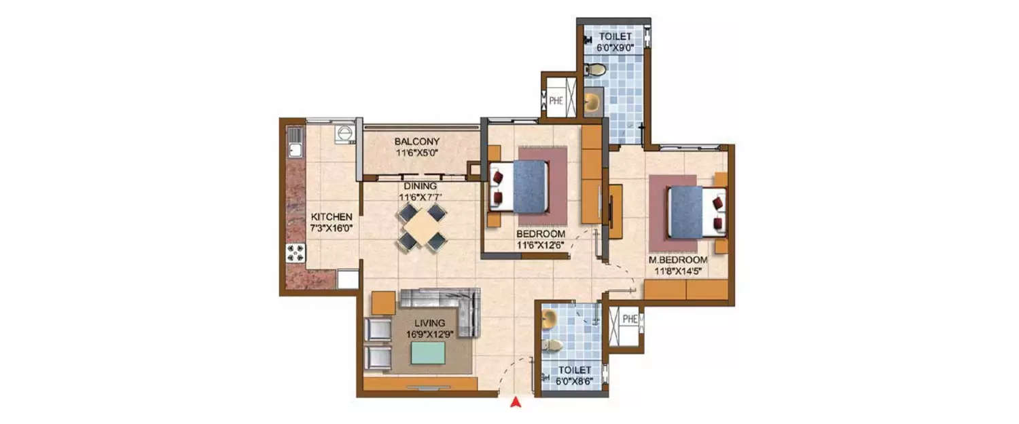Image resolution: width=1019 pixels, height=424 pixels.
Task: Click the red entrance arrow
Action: click(516, 402)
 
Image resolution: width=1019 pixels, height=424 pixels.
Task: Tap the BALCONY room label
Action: click(416, 141)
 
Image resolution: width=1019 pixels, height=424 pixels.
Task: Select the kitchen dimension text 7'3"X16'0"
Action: click(332, 228)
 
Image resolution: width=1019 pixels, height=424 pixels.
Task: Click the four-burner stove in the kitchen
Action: click(296, 253)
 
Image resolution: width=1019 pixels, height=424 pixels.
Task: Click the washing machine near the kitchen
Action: click(345, 134)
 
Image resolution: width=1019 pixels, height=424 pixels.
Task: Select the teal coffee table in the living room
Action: click(428, 353)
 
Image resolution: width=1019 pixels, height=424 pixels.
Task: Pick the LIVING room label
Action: click(429, 323)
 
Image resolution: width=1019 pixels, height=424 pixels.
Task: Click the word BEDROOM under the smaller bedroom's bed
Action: click(541, 234)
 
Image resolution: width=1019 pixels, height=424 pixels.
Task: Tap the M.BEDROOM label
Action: click(678, 260)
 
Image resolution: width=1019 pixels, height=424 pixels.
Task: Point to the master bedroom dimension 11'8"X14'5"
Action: click(678, 272)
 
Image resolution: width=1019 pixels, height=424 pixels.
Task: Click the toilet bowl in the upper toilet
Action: click(594, 70)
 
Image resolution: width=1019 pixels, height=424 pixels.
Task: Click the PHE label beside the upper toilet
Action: click(556, 100)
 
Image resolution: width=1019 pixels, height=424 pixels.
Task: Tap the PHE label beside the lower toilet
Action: click(630, 319)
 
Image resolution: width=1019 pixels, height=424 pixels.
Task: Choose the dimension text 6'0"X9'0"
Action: click(615, 47)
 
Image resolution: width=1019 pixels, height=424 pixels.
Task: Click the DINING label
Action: click(421, 187)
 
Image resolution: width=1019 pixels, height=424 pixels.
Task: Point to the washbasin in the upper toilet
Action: click(592, 102)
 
